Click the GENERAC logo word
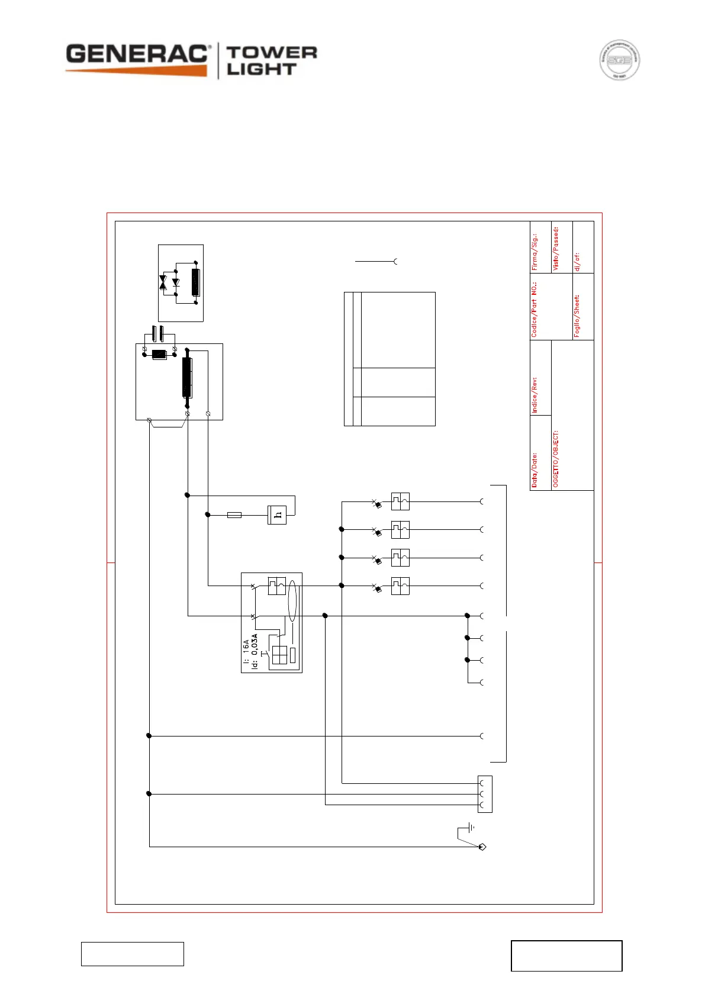click(137, 54)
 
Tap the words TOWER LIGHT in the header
click(272, 61)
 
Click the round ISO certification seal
click(619, 60)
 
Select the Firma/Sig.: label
click(535, 252)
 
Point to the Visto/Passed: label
click(555, 249)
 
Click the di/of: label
click(577, 261)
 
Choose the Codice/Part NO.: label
click(535, 310)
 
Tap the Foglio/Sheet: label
click(577, 316)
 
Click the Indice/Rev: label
click(535, 395)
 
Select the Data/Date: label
click(535, 470)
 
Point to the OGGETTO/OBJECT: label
click(556, 459)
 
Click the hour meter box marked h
click(277, 515)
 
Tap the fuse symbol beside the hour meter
click(234, 515)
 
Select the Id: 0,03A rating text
click(255, 651)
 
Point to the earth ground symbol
click(471, 827)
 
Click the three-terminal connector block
click(485, 794)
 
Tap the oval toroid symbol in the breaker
click(292, 600)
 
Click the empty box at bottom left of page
click(133, 954)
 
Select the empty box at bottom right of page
click(566, 956)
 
